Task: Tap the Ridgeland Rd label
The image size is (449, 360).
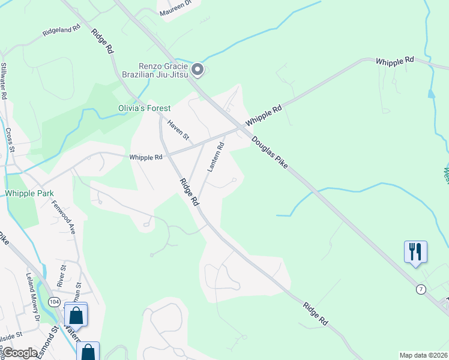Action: (61, 31)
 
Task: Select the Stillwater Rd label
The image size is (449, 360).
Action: (4, 81)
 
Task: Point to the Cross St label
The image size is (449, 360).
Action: (9, 137)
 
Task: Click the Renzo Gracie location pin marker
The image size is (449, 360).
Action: (197, 70)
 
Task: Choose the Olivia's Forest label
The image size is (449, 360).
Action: (143, 109)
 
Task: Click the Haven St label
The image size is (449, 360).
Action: (178, 130)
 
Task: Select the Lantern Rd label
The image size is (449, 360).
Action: (215, 157)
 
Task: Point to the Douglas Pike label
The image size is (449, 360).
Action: (270, 152)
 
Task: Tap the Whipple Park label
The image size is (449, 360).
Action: (29, 193)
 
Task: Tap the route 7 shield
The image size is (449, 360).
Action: (421, 290)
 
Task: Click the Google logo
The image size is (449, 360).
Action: (19, 353)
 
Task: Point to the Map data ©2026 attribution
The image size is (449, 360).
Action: (423, 355)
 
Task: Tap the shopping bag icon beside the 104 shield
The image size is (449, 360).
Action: (76, 314)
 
